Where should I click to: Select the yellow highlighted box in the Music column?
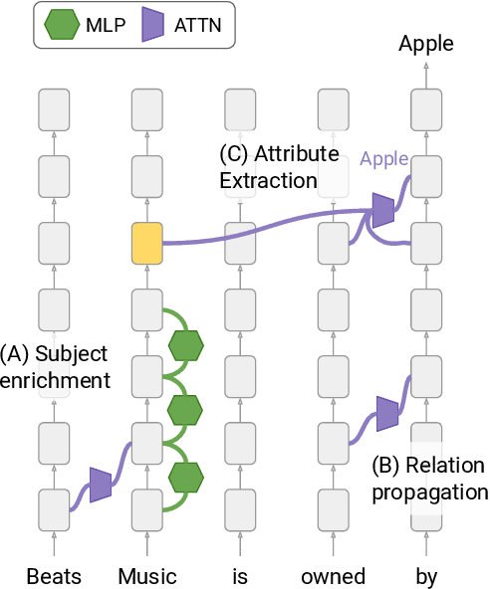pos(146,242)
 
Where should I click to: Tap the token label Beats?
pos(54,576)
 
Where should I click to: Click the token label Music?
pos(147,576)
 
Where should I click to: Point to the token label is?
pos(239,576)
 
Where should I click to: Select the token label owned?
pos(333,576)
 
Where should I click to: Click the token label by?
pos(425,576)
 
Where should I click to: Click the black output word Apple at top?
pos(425,43)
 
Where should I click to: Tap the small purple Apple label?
pos(383,158)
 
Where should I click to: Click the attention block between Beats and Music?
pos(100,484)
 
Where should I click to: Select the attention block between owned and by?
pos(385,413)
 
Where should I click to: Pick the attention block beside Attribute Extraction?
pos(381,210)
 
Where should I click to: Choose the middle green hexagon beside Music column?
pos(185,410)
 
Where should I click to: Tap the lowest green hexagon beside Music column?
pos(185,477)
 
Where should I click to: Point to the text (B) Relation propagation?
pos(428,479)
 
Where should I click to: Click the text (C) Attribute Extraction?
pos(280,167)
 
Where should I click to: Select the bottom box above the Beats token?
pos(54,508)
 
